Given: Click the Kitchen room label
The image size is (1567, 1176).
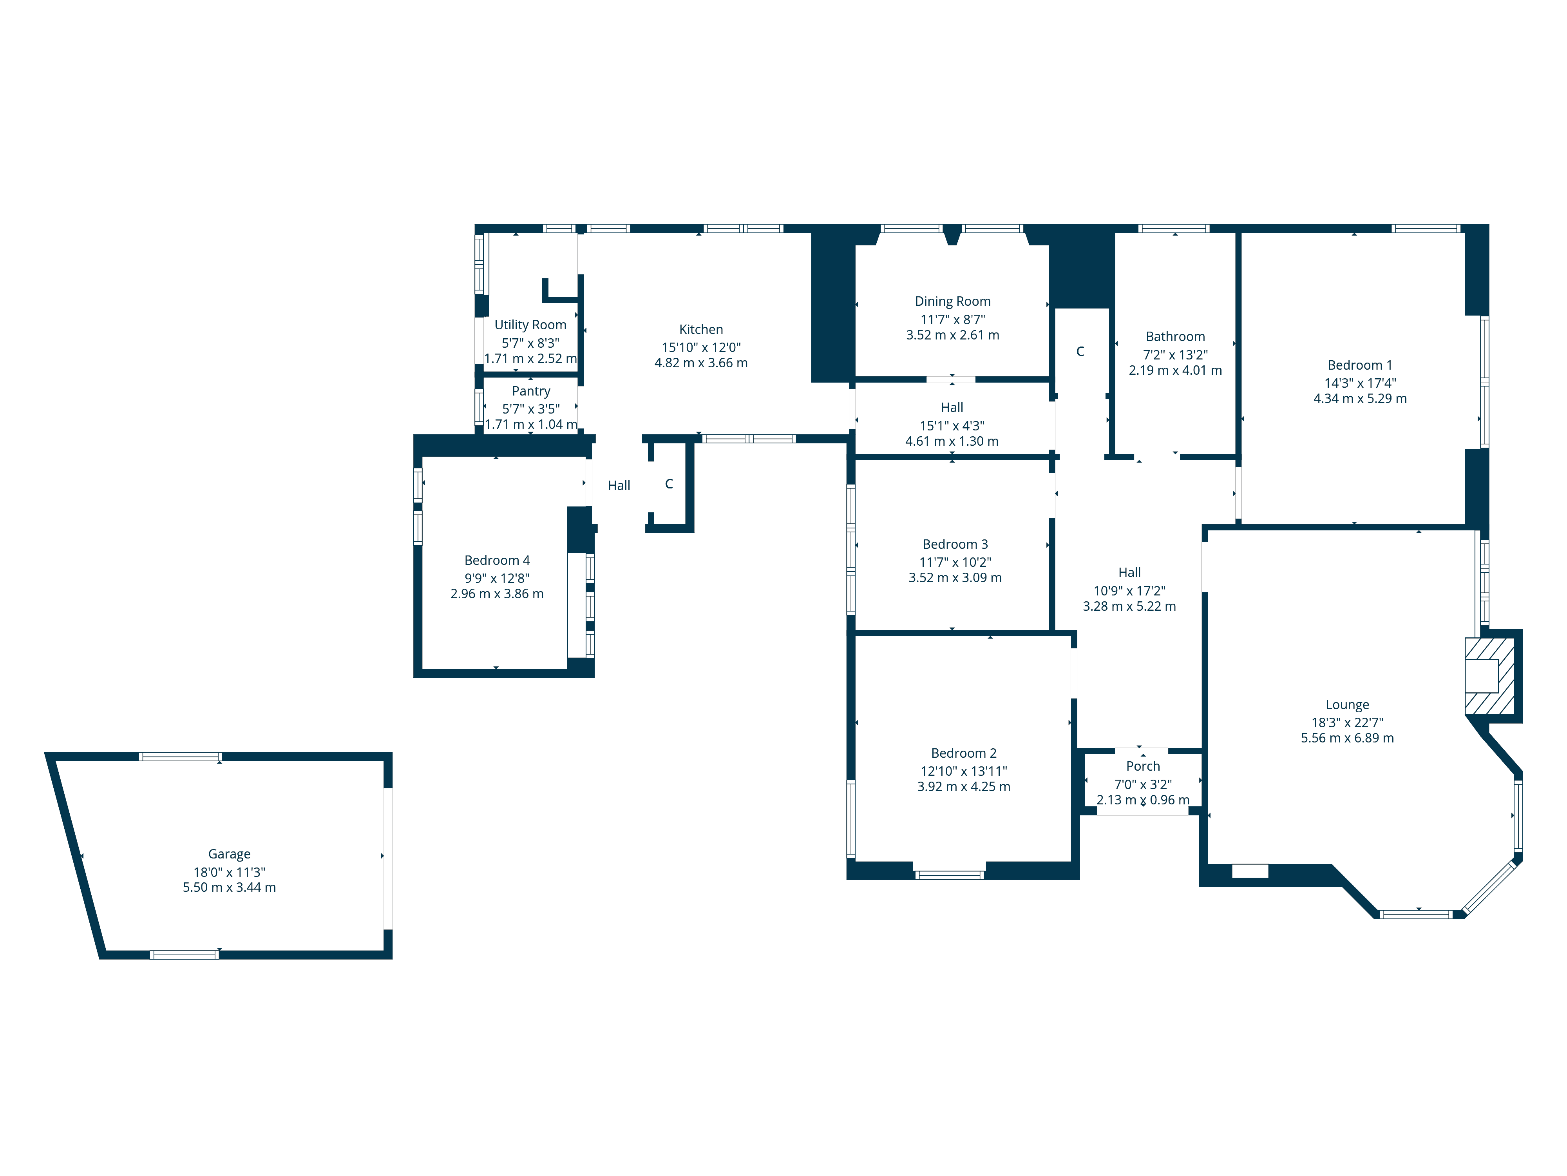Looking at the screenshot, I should coord(700,330).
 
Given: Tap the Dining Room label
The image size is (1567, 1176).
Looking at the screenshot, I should coord(952,301).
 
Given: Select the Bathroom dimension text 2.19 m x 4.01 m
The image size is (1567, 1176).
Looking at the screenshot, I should coord(1174,370).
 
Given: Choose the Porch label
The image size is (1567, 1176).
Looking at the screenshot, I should coord(1143,766).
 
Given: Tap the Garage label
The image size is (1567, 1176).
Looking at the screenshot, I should coord(229,854).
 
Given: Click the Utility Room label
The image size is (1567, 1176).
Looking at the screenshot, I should coord(530,325).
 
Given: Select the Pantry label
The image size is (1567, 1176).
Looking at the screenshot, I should coord(530,391).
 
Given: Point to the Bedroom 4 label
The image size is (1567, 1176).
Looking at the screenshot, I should coord(497,561).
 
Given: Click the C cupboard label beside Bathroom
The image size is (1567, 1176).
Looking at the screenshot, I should coord(1080,352).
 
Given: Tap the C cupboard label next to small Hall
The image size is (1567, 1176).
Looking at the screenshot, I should coord(669,484).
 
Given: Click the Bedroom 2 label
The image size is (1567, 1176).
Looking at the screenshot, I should coord(963,753).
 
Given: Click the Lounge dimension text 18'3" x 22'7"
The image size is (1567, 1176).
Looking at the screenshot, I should coord(1347,722).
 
